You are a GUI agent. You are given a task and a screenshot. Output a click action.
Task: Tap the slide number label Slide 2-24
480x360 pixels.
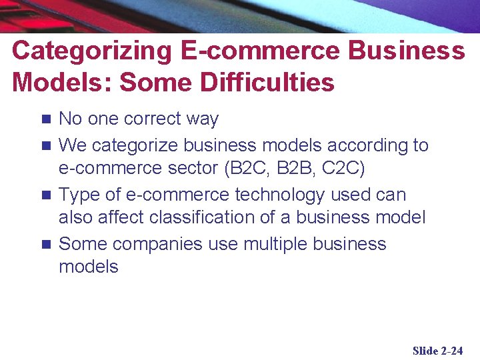pos(437,351)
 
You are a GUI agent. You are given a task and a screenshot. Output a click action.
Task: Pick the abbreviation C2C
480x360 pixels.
pos(340,169)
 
